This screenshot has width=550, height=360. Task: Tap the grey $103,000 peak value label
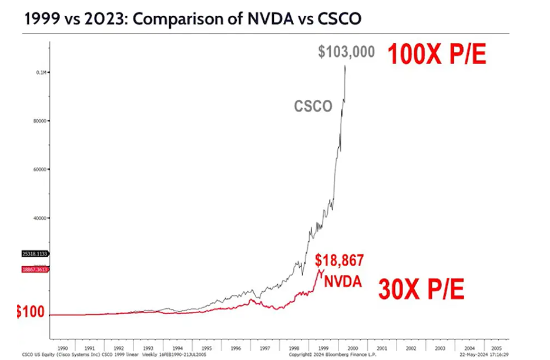click(346, 52)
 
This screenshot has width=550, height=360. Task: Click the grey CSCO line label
click(313, 106)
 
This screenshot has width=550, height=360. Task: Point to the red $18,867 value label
click(340, 260)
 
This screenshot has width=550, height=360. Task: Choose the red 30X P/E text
click(421, 289)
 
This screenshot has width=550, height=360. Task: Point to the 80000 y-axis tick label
click(41, 121)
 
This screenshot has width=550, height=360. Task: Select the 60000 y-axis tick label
click(41, 169)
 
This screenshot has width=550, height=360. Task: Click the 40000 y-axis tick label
click(41, 218)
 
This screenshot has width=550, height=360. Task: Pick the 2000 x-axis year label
click(351, 348)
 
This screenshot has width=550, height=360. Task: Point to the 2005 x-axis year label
click(495, 348)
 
